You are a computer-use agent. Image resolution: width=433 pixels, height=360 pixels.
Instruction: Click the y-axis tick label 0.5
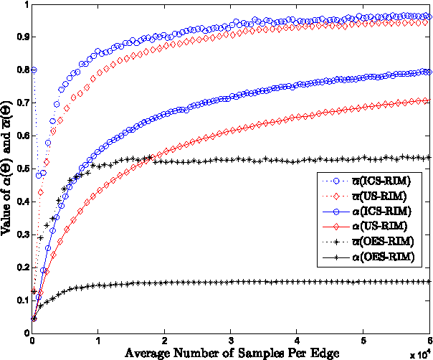(21, 169)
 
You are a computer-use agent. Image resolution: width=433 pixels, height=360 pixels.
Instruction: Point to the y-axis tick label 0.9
(21, 37)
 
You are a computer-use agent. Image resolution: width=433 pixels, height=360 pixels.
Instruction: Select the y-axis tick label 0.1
(21, 302)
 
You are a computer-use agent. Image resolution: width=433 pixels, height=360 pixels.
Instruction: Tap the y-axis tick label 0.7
(21, 103)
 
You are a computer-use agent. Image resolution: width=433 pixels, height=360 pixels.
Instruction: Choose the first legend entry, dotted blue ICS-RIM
(386, 180)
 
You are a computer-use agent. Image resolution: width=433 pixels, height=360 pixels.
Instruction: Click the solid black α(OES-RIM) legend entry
(386, 256)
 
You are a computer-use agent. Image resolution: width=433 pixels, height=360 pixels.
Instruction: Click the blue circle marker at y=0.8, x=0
(33, 70)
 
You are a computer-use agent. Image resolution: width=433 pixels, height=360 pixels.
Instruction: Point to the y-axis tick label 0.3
(21, 235)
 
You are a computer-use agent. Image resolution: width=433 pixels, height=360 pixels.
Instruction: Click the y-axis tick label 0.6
(21, 136)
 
